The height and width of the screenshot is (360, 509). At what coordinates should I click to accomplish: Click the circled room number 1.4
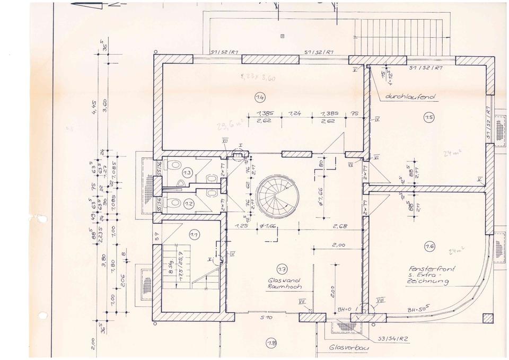259,98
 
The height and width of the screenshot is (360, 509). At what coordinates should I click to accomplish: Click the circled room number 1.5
428,118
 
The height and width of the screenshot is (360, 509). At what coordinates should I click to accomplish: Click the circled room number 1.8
272,343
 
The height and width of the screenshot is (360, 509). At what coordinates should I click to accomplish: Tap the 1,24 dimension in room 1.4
295,113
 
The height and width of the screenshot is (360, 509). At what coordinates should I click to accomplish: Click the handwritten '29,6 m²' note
230,126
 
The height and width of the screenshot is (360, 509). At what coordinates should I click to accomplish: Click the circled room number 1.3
187,173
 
